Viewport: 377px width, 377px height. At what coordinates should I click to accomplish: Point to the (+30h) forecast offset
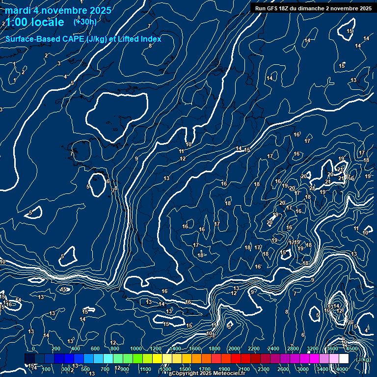(x=85, y=22)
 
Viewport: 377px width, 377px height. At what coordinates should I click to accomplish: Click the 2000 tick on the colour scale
(x=234, y=349)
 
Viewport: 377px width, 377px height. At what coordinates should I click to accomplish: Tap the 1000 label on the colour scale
(x=135, y=349)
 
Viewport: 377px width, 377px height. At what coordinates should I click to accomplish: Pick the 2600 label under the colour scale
(x=283, y=369)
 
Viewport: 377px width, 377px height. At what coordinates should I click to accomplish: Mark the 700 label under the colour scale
(x=105, y=369)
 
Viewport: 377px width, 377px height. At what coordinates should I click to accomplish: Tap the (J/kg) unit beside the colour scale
(x=364, y=359)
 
